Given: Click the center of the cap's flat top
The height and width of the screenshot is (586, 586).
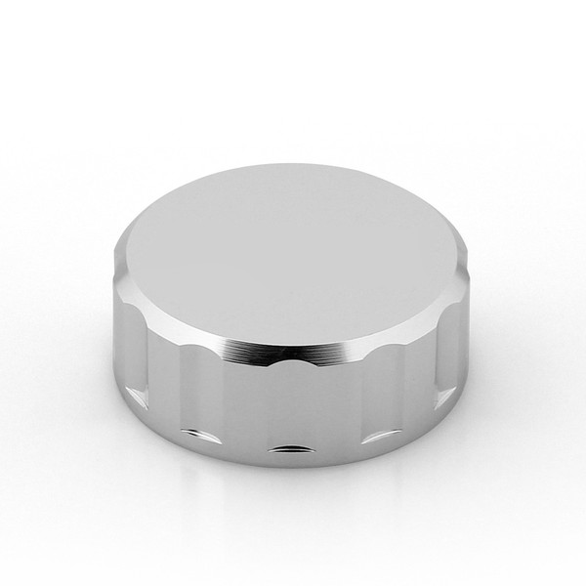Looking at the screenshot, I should (293, 254).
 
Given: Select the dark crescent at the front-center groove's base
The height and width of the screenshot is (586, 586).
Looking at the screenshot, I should (290, 448).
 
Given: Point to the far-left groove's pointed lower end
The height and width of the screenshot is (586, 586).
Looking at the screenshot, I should (137, 398).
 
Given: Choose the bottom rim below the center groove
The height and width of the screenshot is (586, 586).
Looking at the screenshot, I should (290, 461).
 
